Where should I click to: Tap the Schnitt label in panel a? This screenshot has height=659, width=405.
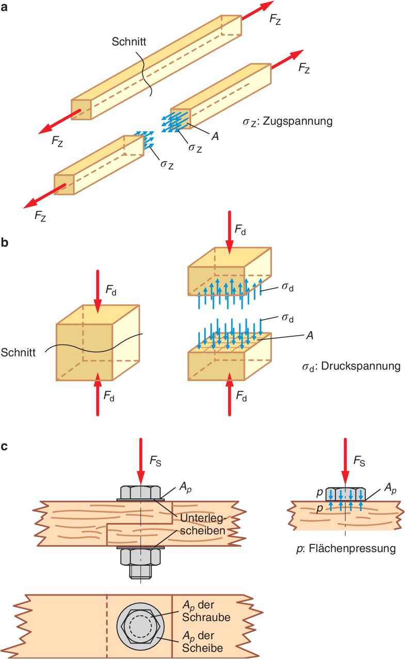tap(128, 42)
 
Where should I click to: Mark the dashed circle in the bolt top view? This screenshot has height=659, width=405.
tap(140, 626)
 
